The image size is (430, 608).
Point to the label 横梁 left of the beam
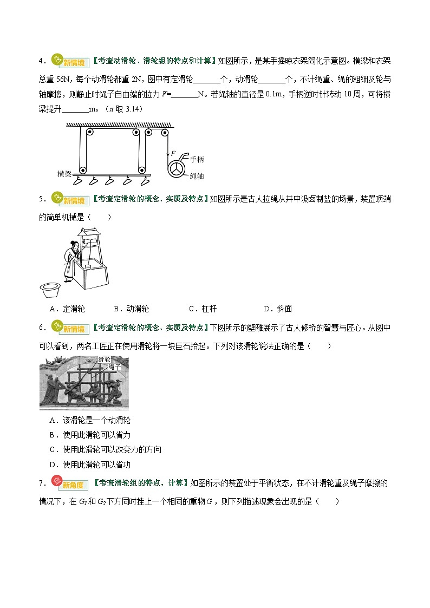click(64, 174)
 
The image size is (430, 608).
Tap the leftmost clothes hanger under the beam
click(79, 181)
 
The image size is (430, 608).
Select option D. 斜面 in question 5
click(278, 309)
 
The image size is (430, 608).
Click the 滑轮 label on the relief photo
click(105, 359)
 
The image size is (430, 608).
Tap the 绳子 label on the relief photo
click(108, 367)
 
